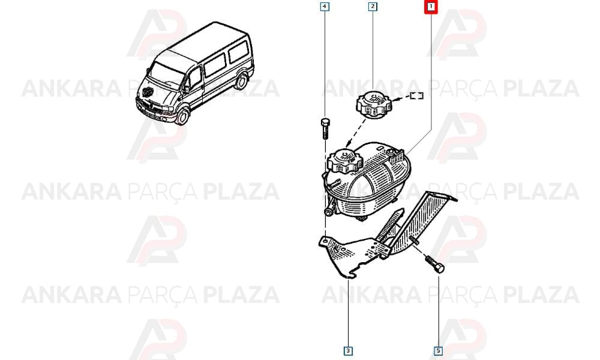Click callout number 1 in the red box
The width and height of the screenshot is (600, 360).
tap(431, 7)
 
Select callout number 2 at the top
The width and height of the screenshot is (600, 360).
tap(373, 7)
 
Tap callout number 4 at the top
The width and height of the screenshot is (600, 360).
tap(325, 7)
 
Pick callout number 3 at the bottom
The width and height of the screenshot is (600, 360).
tap(348, 351)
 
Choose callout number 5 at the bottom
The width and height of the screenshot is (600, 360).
tap(438, 351)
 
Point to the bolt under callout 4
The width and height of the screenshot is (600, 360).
tap(325, 129)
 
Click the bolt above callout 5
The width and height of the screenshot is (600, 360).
tap(434, 263)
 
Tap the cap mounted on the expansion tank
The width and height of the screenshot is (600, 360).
tap(345, 160)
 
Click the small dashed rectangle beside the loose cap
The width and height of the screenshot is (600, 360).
tap(417, 95)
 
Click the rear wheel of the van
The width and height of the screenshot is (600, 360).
tap(241, 81)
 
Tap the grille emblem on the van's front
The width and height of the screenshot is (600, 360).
tap(148, 92)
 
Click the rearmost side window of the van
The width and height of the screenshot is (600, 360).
tap(239, 51)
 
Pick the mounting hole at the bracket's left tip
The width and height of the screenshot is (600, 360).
tap(325, 241)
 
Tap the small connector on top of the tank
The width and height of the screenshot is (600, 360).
tap(395, 154)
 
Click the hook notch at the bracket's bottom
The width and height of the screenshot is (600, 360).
tap(350, 274)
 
